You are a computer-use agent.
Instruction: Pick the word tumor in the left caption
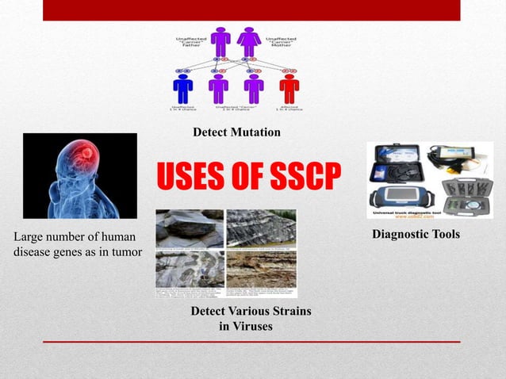125,252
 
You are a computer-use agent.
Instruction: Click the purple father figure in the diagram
220,43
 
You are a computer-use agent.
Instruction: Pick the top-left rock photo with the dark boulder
190,228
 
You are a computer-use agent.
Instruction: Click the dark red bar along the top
251,10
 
